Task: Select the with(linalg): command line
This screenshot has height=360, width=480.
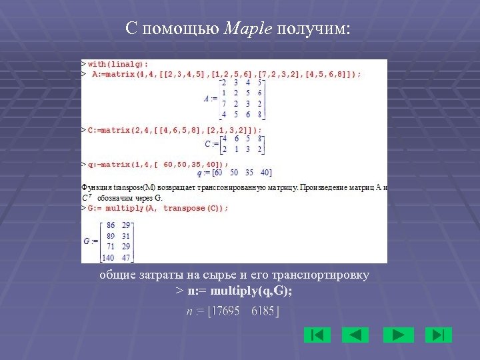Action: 117,64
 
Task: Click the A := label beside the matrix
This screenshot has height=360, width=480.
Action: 211,99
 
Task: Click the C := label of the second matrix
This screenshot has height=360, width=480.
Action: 211,144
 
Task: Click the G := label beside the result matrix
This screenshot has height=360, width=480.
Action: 90,241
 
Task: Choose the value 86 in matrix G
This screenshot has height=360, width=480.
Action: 111,226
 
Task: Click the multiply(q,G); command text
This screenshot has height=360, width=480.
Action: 254,291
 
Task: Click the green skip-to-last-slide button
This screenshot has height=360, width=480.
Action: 438,335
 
